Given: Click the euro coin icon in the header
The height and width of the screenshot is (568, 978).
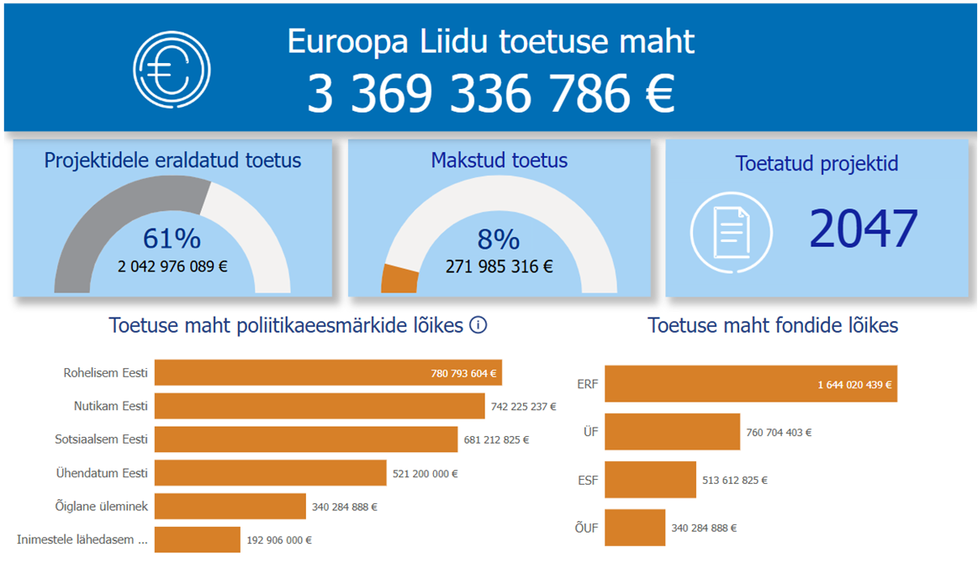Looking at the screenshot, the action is tap(172, 69).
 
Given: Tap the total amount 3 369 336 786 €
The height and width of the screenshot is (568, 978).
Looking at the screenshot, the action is tap(491, 93).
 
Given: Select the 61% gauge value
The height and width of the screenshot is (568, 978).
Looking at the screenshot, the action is tap(172, 238).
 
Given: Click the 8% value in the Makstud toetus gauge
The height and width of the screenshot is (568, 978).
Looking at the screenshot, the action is tap(499, 239).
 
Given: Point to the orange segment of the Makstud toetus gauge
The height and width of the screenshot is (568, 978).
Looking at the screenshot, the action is tap(399, 279).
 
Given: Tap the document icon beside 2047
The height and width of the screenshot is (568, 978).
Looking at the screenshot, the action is tap(732, 233).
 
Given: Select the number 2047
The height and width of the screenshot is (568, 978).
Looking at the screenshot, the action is tap(864, 229).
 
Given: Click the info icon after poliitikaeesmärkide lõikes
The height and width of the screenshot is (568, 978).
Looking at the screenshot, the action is tap(478, 325).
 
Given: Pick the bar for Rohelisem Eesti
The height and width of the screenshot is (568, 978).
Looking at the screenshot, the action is tap(328, 373).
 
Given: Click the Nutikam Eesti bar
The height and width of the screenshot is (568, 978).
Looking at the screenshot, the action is tap(320, 406).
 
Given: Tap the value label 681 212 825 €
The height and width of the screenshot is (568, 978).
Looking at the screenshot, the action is tap(496, 439).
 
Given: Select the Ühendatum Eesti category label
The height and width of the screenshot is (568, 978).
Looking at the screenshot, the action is tap(102, 473).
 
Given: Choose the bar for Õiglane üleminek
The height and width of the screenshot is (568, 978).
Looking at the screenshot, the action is tap(230, 507).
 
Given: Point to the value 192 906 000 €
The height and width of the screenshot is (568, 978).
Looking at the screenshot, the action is tap(279, 540).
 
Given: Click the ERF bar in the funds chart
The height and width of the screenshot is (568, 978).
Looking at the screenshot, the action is tap(751, 384).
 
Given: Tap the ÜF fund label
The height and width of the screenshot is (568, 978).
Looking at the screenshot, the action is tap(590, 431).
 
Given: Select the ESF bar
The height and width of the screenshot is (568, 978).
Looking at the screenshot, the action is tap(651, 480).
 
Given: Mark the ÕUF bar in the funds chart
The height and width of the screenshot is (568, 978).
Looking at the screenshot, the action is tap(635, 528).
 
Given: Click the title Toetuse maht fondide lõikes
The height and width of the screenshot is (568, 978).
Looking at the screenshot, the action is tap(773, 325).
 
